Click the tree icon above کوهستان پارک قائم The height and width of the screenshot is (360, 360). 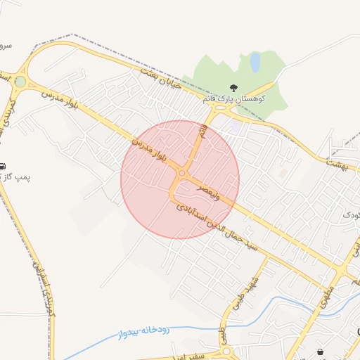233,87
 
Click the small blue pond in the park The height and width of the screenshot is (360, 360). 255,63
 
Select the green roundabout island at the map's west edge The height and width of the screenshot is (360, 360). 20,82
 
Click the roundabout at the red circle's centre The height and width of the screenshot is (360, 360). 182,173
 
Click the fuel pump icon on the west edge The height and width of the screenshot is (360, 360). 3,166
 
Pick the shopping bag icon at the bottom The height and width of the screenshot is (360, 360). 321,352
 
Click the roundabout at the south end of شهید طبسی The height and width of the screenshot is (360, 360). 226,349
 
